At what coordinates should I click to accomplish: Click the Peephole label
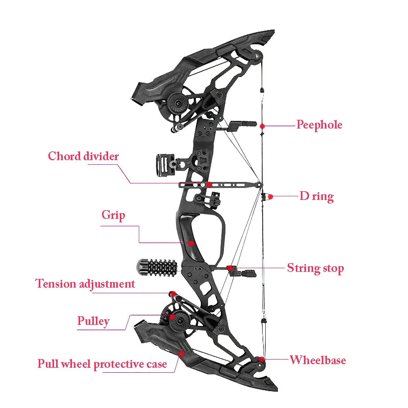[319, 125]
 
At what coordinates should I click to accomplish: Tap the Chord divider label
[83, 156]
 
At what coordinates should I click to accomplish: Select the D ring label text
[316, 196]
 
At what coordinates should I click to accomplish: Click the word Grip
[113, 215]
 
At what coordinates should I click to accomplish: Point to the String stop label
[315, 268]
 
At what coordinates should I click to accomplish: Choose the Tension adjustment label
[85, 284]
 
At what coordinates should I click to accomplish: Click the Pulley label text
[93, 321]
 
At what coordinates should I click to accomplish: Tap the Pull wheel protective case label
[102, 364]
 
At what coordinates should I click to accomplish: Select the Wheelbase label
[318, 361]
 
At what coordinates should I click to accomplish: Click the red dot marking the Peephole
[262, 125]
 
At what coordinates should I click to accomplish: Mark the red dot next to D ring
[271, 196]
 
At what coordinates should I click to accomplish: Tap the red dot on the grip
[192, 243]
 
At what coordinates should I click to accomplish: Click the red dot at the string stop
[230, 268]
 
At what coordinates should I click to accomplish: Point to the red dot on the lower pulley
[173, 317]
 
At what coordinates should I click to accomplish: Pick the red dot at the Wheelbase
[262, 359]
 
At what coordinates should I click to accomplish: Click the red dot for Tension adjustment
[172, 294]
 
